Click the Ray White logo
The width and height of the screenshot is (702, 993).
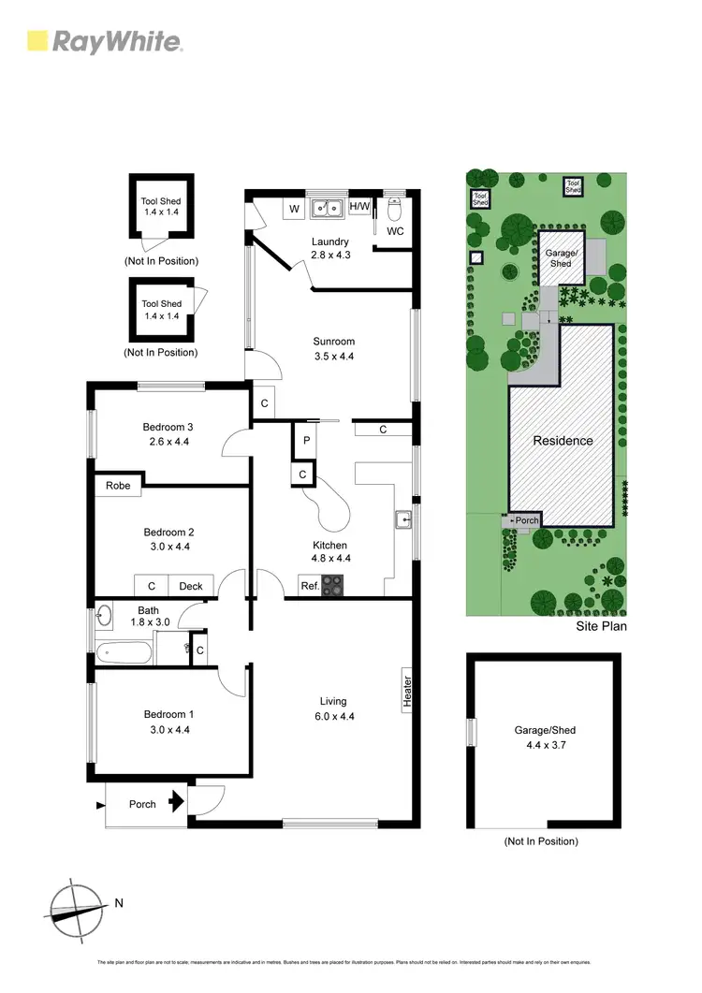[x=105, y=41]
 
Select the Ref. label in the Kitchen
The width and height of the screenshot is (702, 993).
[x=308, y=587]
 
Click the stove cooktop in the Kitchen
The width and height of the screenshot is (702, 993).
[x=332, y=587]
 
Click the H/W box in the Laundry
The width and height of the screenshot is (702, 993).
[x=359, y=206]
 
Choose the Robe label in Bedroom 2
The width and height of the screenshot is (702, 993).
[x=118, y=486]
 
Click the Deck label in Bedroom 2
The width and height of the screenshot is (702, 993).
[x=191, y=587]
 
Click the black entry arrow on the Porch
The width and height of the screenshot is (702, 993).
[x=176, y=802]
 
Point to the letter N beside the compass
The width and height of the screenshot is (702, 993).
[x=118, y=903]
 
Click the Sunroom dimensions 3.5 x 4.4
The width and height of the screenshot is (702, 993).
[x=334, y=357]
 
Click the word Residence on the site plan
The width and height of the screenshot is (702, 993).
[x=563, y=440]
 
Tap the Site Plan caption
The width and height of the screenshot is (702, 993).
[x=601, y=626]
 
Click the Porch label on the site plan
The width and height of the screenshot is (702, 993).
[x=526, y=520]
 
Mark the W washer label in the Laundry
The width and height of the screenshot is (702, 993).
[x=294, y=208]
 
